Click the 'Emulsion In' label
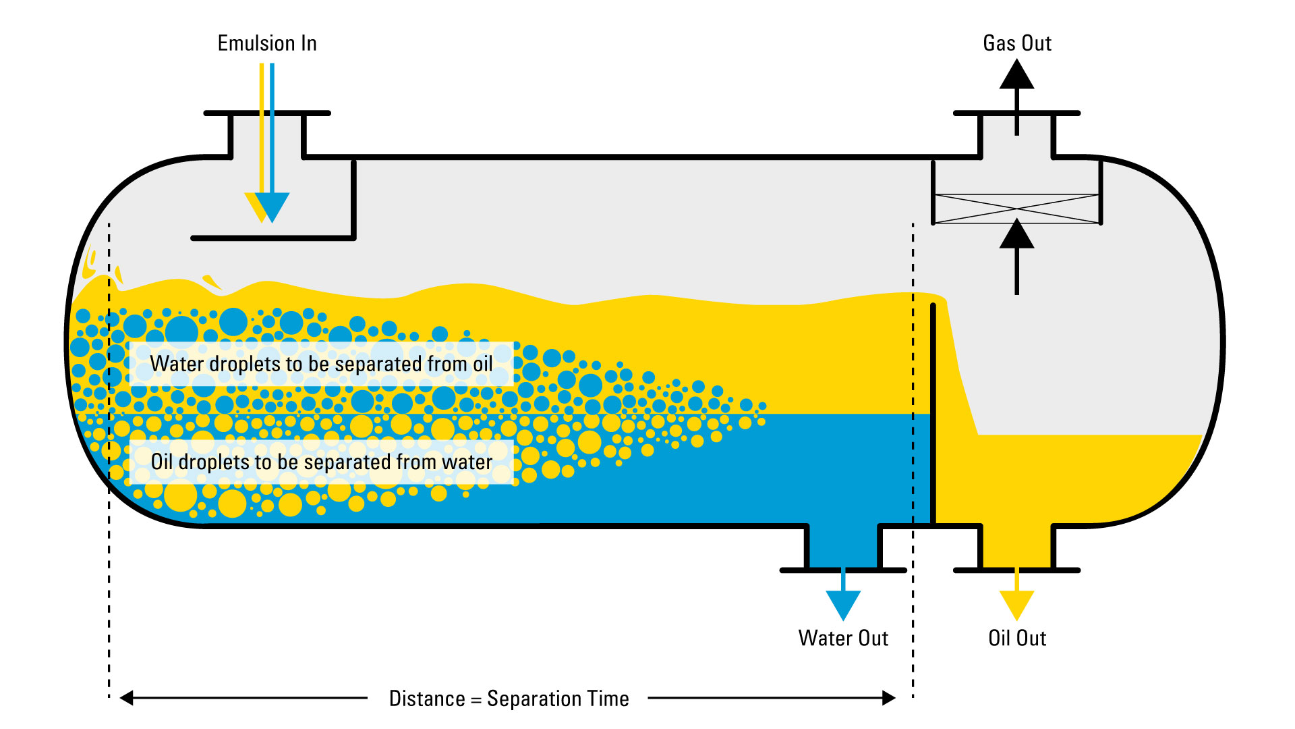(x=267, y=43)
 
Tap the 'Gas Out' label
(x=1017, y=43)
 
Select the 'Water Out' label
(x=843, y=638)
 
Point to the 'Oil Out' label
(x=1017, y=638)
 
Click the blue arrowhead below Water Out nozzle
(x=843, y=603)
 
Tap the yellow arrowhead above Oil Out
(x=1016, y=603)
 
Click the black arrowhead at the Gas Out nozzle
(x=1016, y=75)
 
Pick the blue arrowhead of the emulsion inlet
(x=272, y=205)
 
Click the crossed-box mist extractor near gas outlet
(x=1016, y=209)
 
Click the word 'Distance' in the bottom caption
(x=427, y=699)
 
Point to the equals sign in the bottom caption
(x=476, y=699)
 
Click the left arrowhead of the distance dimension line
(x=127, y=698)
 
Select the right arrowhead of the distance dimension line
(x=889, y=698)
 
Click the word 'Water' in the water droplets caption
(x=176, y=364)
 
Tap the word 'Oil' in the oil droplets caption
(x=162, y=462)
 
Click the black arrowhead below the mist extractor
(x=1016, y=234)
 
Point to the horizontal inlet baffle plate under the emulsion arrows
(x=273, y=238)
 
